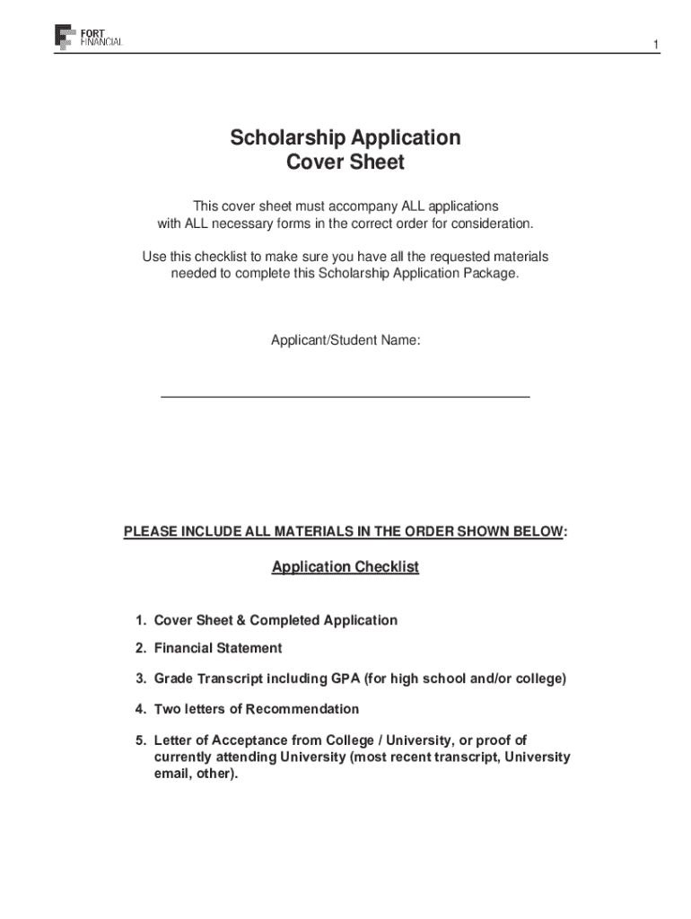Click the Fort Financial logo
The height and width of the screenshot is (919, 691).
89,37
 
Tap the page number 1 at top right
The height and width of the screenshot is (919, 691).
656,45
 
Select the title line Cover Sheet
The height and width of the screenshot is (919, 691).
345,163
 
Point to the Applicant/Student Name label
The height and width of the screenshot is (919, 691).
345,340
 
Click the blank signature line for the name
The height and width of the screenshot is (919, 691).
345,395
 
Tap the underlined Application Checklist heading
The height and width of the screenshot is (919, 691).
345,567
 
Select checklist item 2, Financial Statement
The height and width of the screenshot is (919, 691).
218,648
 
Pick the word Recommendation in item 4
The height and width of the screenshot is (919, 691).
302,709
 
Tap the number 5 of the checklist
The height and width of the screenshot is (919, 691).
140,740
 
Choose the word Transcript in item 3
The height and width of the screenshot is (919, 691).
230,678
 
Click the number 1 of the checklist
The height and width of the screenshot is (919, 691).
140,620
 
